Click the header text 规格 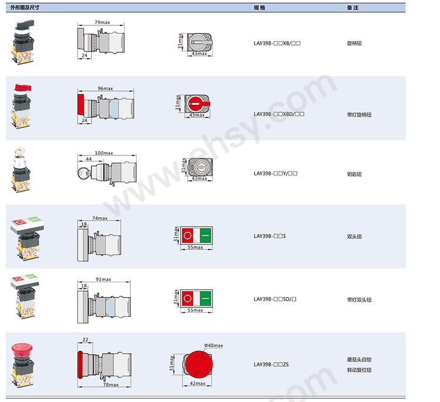(x=259, y=8)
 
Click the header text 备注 (x=353, y=8)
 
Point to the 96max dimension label (x=105, y=88)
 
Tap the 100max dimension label (x=104, y=153)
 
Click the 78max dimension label (x=110, y=385)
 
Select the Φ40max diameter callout (x=214, y=346)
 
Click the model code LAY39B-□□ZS (x=271, y=364)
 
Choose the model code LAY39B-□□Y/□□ (x=276, y=173)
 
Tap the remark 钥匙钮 (x=354, y=174)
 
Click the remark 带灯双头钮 (x=359, y=300)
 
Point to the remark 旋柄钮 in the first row (x=354, y=43)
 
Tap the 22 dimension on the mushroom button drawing (x=85, y=340)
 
